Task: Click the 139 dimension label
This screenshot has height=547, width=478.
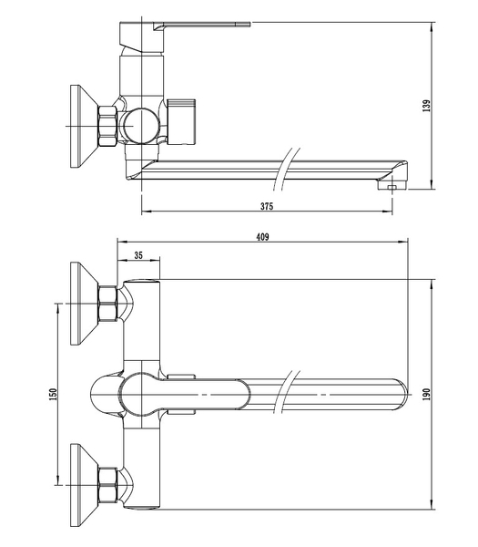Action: tap(427, 106)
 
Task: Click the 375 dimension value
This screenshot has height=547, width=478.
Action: tap(267, 206)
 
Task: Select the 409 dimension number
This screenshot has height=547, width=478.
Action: tap(263, 237)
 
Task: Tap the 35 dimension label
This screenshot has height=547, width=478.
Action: tap(138, 255)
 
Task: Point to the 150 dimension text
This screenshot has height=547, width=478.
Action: tap(53, 394)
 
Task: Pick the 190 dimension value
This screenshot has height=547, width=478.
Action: tap(427, 394)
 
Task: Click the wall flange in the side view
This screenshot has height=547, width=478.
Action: tap(84, 127)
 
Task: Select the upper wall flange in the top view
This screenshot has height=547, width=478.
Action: tap(84, 304)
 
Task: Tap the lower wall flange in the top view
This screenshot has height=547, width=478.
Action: tap(84, 485)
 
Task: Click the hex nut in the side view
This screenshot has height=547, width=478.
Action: tap(107, 126)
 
